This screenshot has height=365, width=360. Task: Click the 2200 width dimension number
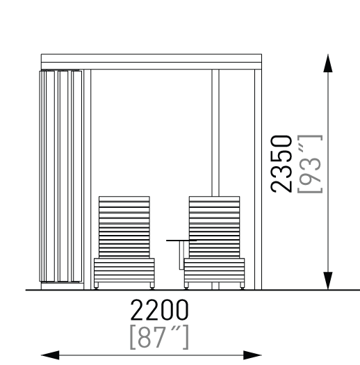tap(159, 310)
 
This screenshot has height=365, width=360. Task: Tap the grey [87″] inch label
tap(159, 337)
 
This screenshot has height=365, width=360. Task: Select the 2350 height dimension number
tap(281, 164)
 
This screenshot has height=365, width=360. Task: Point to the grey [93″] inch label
tap(310, 164)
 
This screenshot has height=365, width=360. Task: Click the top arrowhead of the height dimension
tap(328, 63)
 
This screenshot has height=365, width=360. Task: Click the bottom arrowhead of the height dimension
tap(328, 281)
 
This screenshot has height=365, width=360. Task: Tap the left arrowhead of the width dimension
tap(50, 355)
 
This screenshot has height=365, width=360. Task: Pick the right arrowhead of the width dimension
tap(252, 355)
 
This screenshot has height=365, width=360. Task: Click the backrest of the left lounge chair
tap(124, 227)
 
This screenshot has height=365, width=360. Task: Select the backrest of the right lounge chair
tap(214, 227)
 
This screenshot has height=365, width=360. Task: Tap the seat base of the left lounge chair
tap(124, 270)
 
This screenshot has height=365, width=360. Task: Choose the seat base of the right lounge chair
tap(214, 270)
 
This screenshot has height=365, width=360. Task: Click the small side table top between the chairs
tap(181, 241)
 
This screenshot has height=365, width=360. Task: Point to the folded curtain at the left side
tap(60, 176)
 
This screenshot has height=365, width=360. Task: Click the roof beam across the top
tap(152, 62)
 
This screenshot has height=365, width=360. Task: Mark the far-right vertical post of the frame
tap(258, 179)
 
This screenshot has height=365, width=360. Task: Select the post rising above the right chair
tap(215, 133)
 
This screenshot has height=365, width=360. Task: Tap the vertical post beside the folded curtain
tap(88, 179)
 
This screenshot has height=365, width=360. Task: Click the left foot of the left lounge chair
tap(96, 286)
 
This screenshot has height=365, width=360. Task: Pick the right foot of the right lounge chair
tap(243, 286)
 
